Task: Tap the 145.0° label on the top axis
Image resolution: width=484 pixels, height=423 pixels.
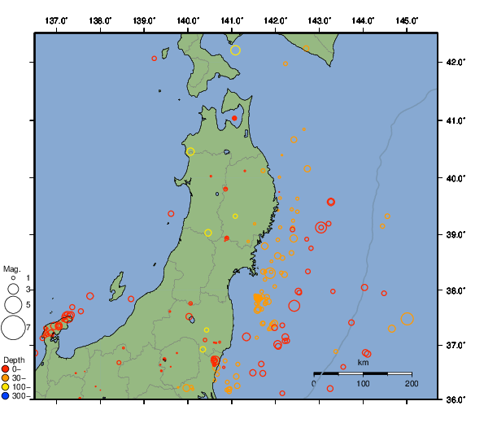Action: point(406,19)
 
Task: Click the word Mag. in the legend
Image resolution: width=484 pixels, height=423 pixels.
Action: point(11,268)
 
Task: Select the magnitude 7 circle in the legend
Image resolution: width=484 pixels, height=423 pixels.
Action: point(13,328)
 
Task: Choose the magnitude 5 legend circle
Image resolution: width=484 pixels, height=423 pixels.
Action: point(13,305)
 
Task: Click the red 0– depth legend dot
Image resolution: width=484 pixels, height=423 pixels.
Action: point(6,369)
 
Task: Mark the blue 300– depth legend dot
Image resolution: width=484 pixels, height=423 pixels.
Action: point(6,396)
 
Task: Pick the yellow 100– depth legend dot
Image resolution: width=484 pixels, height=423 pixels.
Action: point(6,387)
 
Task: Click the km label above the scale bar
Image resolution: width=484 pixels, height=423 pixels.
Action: point(363,362)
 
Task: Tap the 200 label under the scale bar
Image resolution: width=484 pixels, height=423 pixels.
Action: point(411,383)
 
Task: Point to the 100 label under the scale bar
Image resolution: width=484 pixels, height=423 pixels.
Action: point(363,383)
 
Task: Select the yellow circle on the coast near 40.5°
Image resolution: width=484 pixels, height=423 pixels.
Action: point(190,151)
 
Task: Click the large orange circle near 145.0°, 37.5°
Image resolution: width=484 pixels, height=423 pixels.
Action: point(407,319)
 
